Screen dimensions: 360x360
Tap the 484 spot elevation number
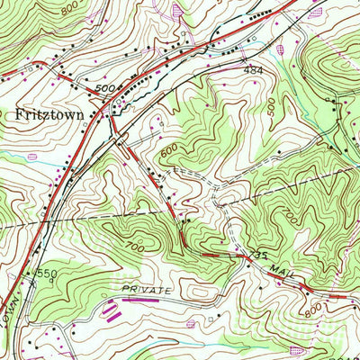252,68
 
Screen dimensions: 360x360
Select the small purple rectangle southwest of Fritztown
33,157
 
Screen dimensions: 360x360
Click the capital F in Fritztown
20,115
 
